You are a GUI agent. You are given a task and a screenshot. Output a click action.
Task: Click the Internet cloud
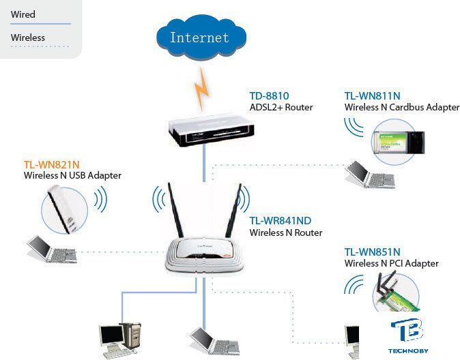pos(199,37)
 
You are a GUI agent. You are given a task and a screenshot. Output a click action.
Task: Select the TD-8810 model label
pos(269,96)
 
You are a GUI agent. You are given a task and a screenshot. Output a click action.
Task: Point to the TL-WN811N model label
pos(372,96)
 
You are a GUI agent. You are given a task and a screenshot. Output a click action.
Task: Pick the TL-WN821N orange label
pos(52,164)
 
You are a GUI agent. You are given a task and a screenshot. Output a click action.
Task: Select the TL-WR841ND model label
pos(280,221)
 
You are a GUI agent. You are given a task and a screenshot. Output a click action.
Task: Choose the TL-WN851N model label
pos(372,252)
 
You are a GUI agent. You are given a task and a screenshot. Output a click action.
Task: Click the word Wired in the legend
pos(23,14)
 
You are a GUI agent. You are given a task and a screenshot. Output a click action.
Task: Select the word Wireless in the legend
pos(28,37)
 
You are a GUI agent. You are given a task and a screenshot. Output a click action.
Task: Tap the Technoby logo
pos(407,335)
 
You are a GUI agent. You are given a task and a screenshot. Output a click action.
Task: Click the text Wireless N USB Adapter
pos(72,175)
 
